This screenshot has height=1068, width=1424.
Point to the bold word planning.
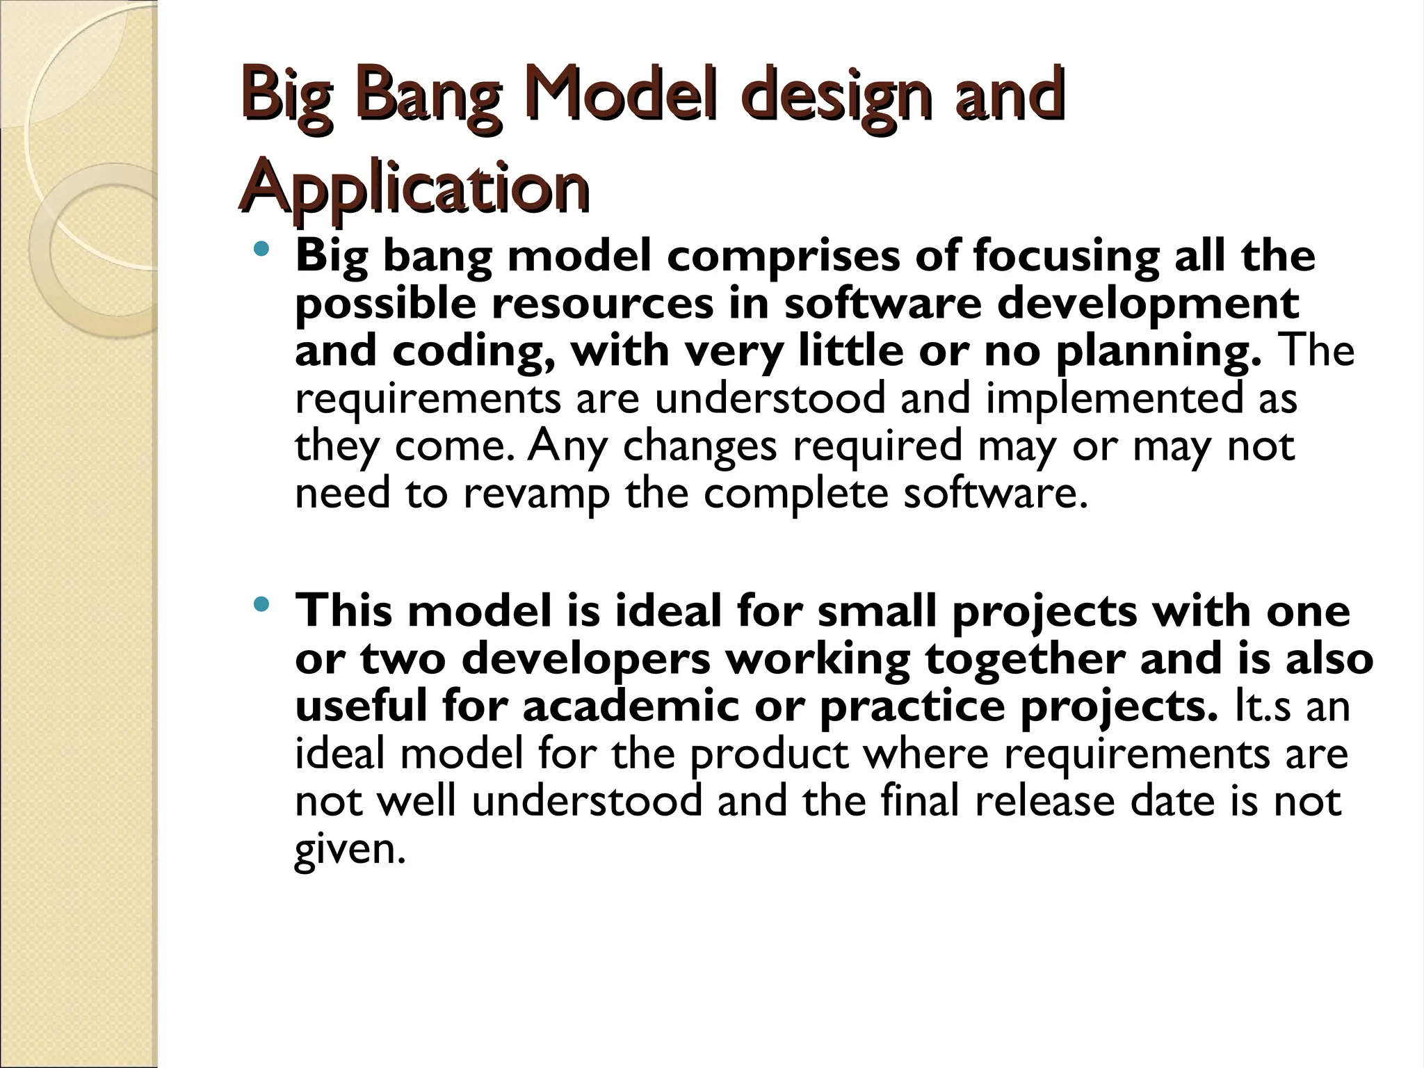pyautogui.click(x=1158, y=350)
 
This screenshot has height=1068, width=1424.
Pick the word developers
pyautogui.click(x=585, y=659)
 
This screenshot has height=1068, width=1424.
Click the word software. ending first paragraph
pyautogui.click(x=995, y=494)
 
